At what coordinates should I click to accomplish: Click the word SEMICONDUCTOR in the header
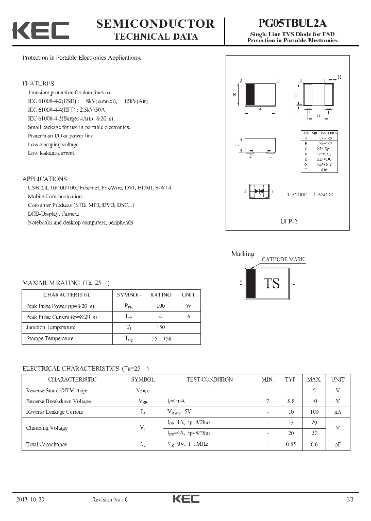pos(155,23)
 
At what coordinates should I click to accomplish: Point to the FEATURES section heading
pos(38,83)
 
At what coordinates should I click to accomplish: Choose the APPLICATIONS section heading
pos(44,179)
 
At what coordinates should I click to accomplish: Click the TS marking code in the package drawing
pos(272,283)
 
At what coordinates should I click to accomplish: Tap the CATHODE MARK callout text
pos(283,259)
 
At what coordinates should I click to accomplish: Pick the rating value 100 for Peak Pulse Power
pos(161,306)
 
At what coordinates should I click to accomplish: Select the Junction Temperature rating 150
pos(161,327)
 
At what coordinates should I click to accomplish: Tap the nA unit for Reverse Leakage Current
pos(338,412)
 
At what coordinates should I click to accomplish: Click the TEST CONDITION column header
pos(210,379)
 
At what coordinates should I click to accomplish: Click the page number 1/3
pos(350,499)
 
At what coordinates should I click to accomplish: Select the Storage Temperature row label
pos(49,338)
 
